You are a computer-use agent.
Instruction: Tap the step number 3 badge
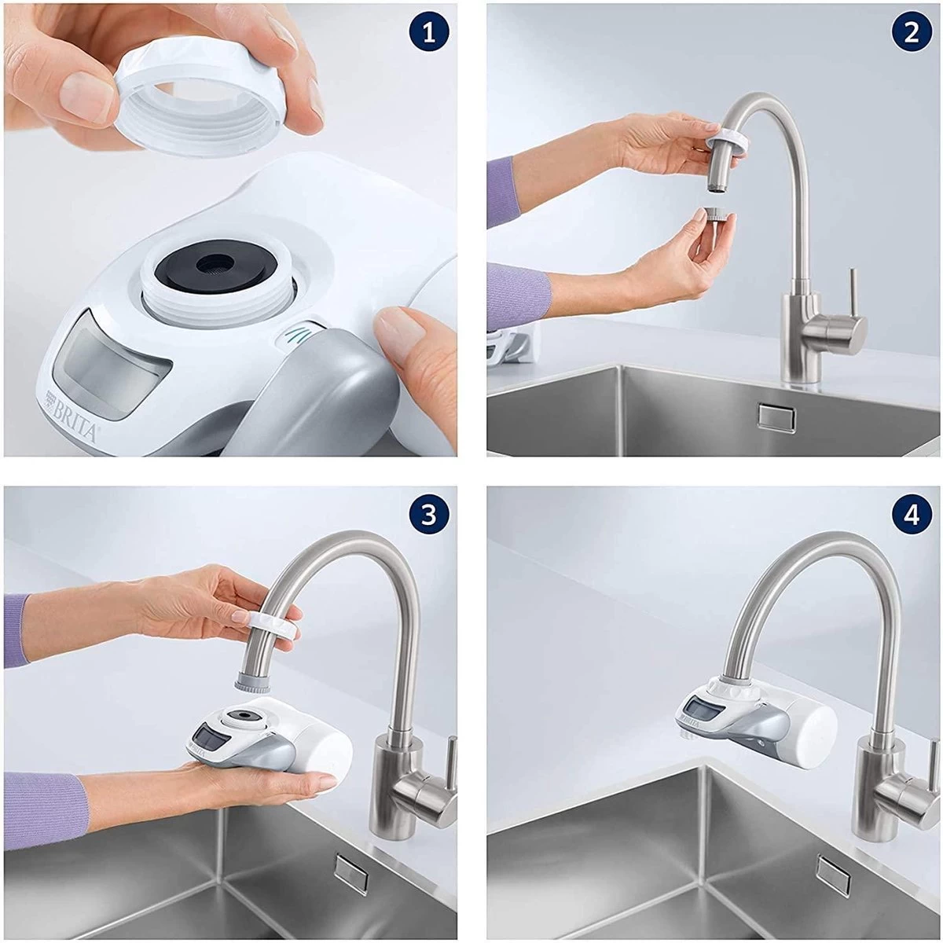click(x=428, y=515)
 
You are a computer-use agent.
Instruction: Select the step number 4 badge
click(x=911, y=515)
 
